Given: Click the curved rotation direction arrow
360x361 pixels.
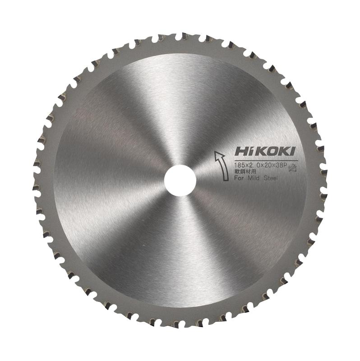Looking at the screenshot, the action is pos(222,165).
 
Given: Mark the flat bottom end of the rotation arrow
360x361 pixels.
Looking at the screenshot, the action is pos(226,180).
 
